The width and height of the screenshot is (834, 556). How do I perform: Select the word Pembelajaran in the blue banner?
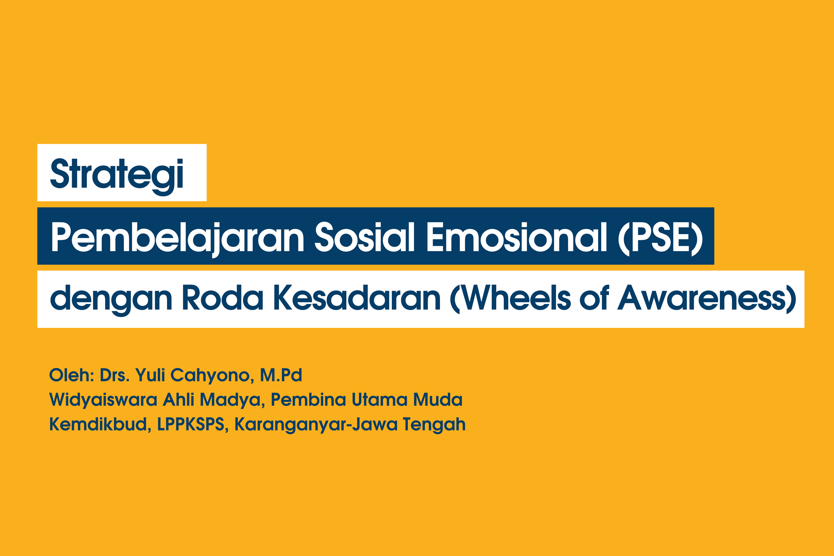177,237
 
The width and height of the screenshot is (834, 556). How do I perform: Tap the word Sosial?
364,237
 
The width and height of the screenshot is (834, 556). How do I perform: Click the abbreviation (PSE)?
660,237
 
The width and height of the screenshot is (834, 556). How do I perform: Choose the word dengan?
111,299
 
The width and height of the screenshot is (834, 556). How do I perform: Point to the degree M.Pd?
281,375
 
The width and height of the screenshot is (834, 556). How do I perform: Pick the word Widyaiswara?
103,400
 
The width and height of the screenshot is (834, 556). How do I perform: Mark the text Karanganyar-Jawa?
316,424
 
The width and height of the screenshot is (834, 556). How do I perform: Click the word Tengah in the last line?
434,424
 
